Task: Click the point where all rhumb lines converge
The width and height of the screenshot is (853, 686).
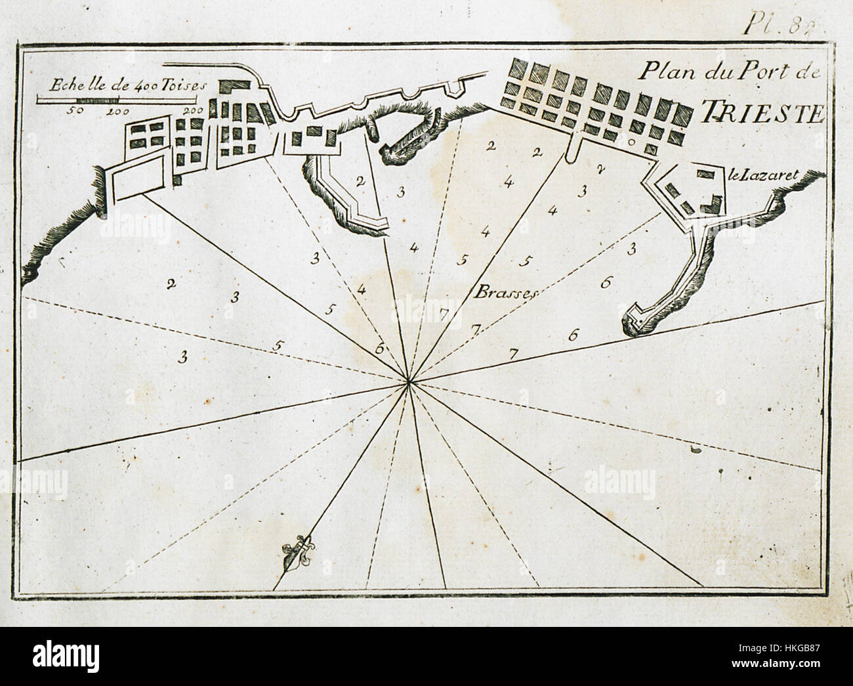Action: tap(408, 381)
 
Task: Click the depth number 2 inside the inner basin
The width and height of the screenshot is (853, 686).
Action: tap(360, 181)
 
